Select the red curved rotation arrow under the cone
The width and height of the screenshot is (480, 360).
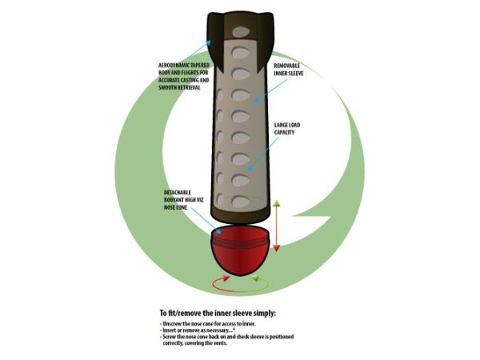pyautogui.click(x=218, y=282)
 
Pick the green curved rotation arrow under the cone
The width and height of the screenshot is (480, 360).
pyautogui.click(x=259, y=281)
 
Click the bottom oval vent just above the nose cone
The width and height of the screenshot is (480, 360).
pyautogui.click(x=241, y=201)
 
